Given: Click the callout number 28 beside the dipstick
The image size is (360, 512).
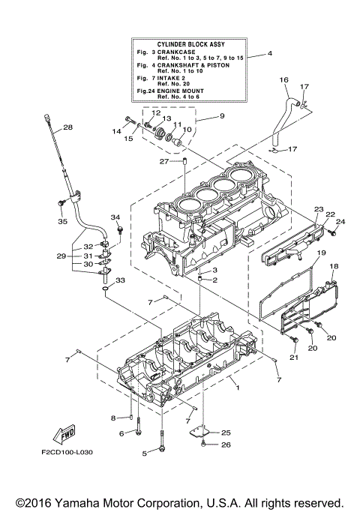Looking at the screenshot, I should [x=67, y=127].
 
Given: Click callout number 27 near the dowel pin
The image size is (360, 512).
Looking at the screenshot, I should [x=163, y=161].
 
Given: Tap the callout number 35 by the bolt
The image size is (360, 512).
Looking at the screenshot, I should [x=62, y=222].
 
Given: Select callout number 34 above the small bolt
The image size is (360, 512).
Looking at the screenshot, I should [x=115, y=217].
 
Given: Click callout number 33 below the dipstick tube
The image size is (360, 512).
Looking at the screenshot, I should [x=121, y=280].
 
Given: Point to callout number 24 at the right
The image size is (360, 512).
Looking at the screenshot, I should [x=340, y=222].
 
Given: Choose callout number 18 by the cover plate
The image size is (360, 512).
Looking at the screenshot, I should [x=334, y=266].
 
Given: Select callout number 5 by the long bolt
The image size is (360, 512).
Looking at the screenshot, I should [x=145, y=454].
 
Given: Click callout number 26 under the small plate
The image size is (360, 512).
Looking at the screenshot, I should [x=226, y=445].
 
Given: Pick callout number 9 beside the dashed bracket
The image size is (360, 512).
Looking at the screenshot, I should [x=221, y=116].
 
